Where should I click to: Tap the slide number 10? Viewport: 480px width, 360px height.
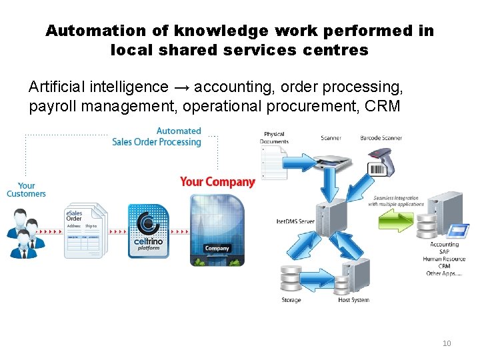446,343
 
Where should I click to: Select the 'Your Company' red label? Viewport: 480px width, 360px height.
217,182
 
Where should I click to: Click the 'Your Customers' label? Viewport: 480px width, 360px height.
27,190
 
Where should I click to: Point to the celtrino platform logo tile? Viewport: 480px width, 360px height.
149,231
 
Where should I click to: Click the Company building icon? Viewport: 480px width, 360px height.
217,230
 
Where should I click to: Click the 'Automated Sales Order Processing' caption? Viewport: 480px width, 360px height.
157,137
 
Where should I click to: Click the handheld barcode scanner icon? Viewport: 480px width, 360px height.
380,160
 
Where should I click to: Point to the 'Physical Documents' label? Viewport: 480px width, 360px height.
275,138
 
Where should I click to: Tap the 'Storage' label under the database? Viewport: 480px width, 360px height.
291,300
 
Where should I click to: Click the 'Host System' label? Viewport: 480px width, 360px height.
353,300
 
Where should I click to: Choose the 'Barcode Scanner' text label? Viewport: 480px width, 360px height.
381,138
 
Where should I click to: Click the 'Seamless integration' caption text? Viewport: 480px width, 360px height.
396,198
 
